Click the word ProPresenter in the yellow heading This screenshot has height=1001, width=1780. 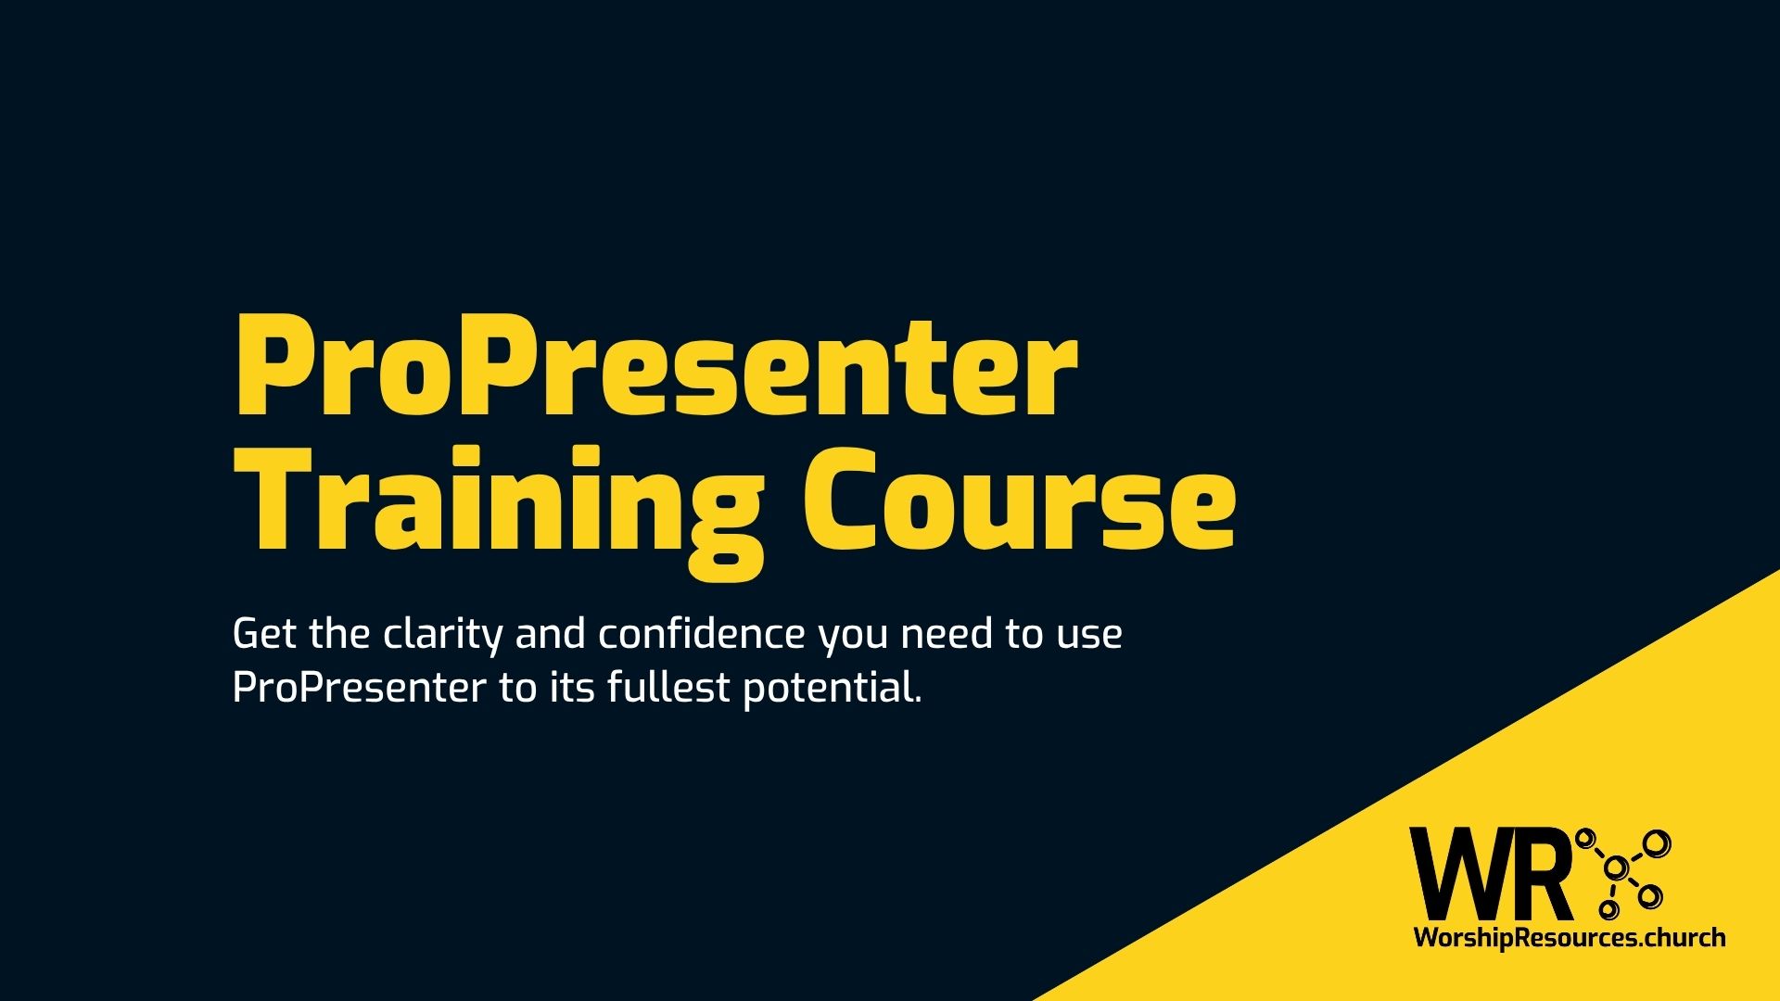[655, 367]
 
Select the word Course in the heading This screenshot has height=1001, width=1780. [1019, 500]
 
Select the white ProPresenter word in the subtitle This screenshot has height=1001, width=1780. [359, 689]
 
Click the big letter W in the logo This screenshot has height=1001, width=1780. [1454, 875]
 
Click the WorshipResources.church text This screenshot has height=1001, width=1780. [1569, 938]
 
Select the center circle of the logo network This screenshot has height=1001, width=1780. [1616, 868]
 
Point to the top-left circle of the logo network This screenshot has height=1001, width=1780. [1585, 838]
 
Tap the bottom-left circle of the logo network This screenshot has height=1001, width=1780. [1608, 911]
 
